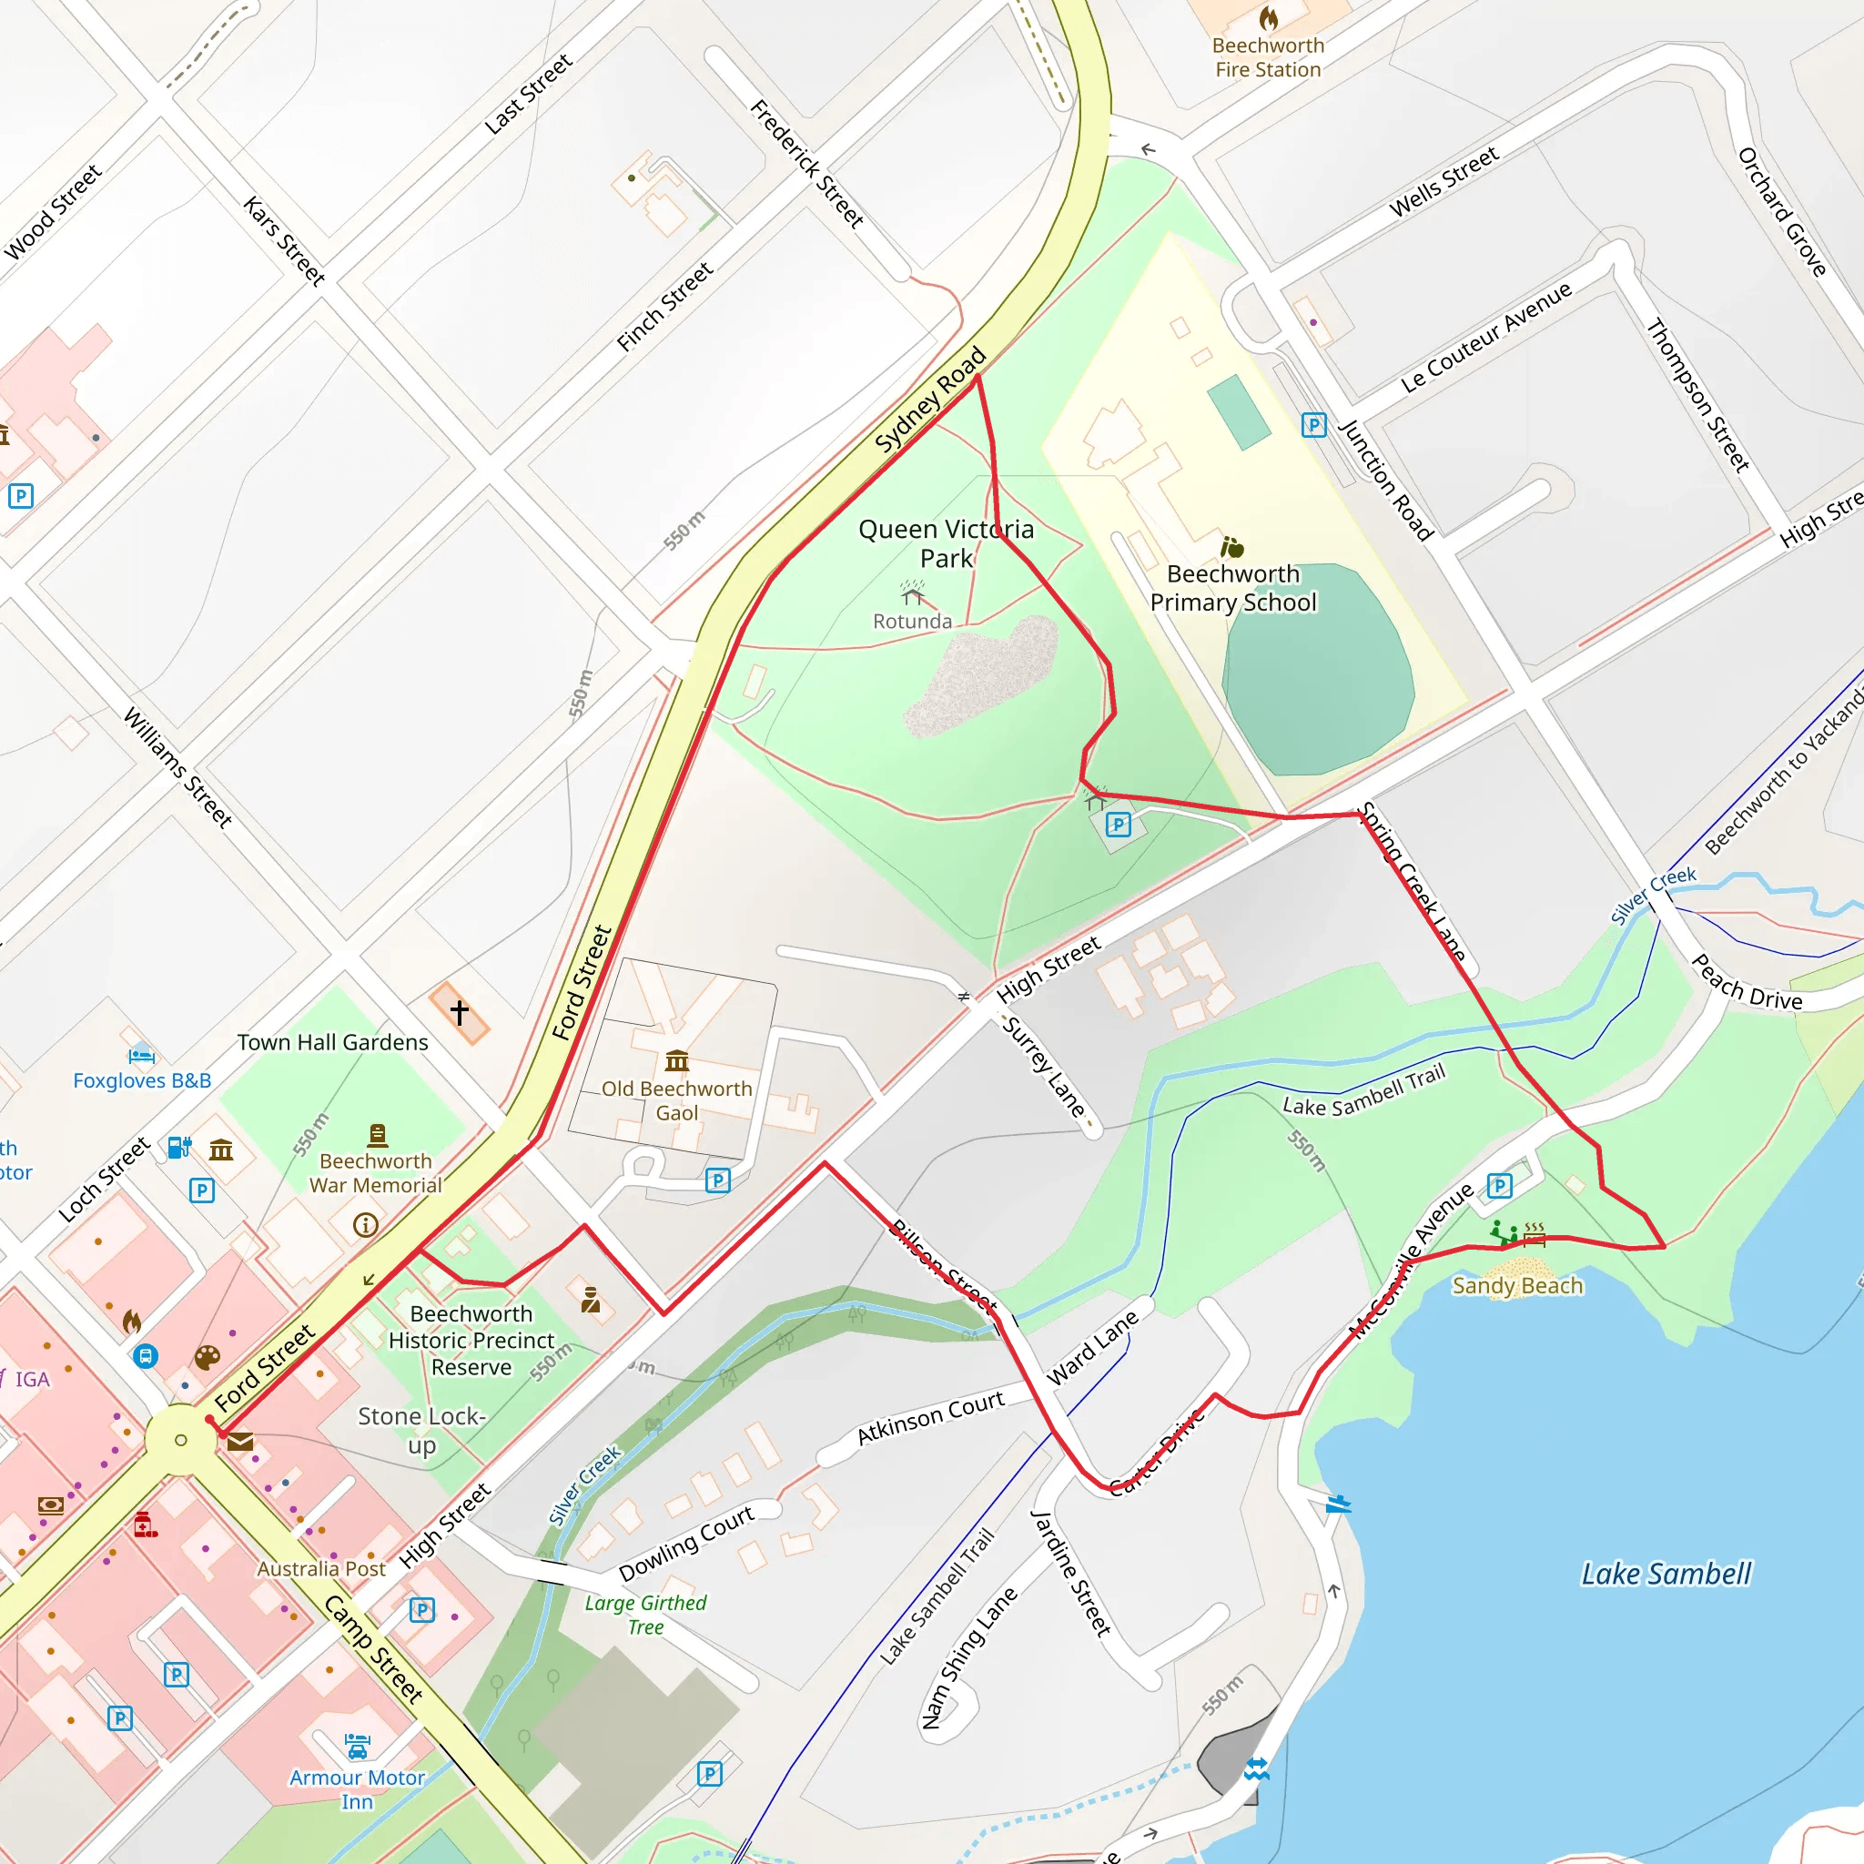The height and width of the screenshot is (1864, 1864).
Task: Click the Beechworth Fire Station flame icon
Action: click(x=1268, y=18)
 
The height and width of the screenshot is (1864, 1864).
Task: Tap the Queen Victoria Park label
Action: click(x=946, y=543)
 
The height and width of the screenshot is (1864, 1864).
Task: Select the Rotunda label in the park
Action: click(x=912, y=622)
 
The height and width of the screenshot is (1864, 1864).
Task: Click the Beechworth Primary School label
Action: click(x=1233, y=588)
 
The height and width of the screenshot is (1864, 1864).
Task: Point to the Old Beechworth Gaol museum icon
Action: click(x=677, y=1061)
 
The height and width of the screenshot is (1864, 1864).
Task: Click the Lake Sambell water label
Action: click(x=1666, y=1574)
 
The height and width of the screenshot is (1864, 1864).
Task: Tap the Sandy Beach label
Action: click(x=1517, y=1285)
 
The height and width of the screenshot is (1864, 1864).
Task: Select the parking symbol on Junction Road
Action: click(x=1314, y=424)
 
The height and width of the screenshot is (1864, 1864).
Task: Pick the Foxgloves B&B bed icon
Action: click(x=142, y=1055)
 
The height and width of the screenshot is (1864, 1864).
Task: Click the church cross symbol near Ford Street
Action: click(x=460, y=1013)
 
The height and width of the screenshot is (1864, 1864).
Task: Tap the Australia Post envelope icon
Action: click(x=240, y=1443)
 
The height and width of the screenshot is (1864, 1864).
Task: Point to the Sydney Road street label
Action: click(x=930, y=399)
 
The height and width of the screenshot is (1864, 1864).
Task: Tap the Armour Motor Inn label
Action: click(x=357, y=1788)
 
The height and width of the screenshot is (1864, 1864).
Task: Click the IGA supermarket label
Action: click(x=32, y=1380)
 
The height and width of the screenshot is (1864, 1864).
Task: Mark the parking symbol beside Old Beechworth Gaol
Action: click(x=718, y=1180)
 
